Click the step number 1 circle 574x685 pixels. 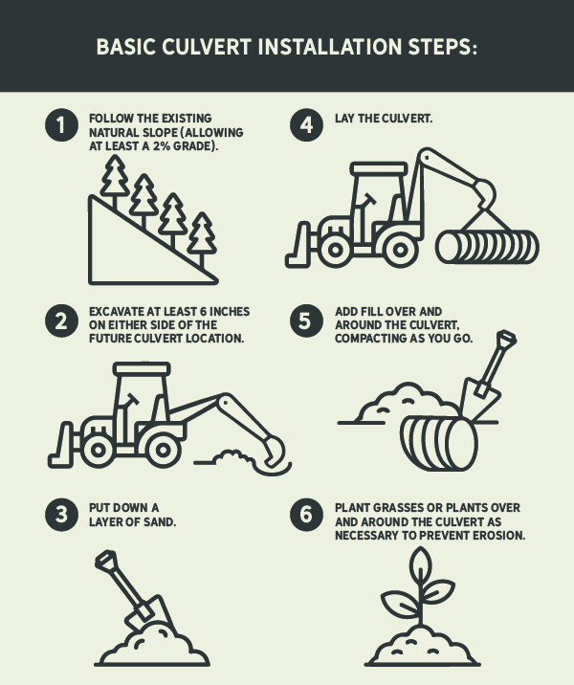61,125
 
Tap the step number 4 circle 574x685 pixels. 307,125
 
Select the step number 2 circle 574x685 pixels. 61,320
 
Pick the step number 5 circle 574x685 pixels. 307,320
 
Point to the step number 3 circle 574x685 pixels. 61,515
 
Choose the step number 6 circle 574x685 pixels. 307,515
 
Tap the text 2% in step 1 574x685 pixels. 161,146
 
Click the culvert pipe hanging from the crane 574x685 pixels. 487,247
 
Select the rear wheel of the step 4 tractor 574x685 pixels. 400,250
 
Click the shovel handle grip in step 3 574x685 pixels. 106,560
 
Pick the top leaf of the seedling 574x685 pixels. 420,564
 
